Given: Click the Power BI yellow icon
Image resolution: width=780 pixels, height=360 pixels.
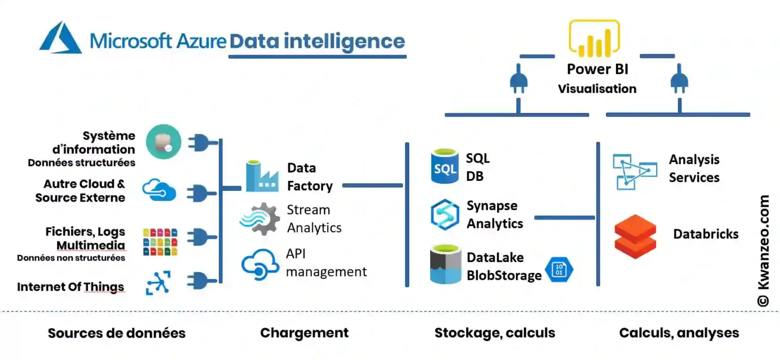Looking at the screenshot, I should click(x=594, y=38).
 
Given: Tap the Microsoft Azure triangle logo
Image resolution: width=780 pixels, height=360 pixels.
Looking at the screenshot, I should click(x=60, y=38).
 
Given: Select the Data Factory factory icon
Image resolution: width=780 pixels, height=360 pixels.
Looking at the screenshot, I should click(x=262, y=177).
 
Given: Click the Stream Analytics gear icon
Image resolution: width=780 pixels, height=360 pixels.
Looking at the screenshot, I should click(x=260, y=219).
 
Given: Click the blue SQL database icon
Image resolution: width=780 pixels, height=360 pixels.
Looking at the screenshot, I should click(x=445, y=166).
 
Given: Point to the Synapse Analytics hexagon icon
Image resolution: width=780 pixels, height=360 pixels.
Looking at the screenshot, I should click(x=445, y=214).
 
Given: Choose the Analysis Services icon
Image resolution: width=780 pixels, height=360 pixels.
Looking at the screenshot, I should click(x=631, y=171).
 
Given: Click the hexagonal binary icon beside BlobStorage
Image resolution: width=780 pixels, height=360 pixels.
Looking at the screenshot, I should click(x=559, y=269).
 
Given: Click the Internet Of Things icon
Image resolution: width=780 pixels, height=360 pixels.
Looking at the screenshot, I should click(x=157, y=283).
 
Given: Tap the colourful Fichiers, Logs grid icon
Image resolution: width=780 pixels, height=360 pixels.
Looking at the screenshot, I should click(x=160, y=242).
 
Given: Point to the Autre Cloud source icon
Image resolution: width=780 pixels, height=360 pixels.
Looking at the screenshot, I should click(x=159, y=190).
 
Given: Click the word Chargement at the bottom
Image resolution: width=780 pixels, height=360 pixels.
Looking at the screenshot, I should click(x=304, y=333).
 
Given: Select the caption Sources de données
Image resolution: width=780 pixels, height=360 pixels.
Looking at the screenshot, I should click(x=116, y=333).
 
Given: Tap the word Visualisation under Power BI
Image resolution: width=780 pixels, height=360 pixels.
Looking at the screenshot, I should click(x=597, y=89).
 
